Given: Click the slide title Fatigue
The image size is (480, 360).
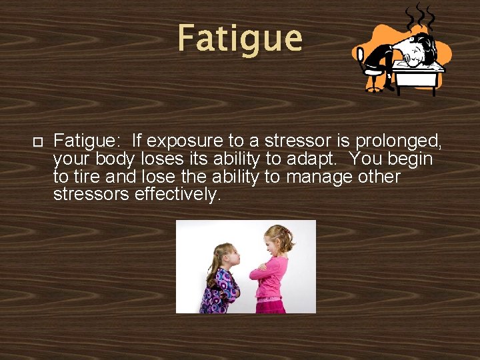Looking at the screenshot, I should click(240, 38).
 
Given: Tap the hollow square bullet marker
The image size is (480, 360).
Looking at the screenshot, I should click(37, 141).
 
